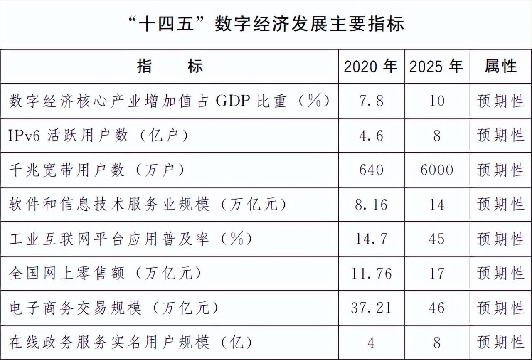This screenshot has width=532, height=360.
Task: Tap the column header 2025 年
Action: [x=436, y=67]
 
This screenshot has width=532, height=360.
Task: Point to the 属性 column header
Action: [x=501, y=67]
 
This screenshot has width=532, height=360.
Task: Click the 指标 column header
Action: [x=170, y=67]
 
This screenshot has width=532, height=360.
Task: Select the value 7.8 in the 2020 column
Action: [x=371, y=101]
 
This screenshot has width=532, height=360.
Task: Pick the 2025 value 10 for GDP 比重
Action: [x=436, y=101]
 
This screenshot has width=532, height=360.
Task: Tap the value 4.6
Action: [x=371, y=136]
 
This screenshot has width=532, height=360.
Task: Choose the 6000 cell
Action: [x=436, y=170]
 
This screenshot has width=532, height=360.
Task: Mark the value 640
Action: [x=371, y=170]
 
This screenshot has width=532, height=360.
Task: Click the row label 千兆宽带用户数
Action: [x=96, y=170]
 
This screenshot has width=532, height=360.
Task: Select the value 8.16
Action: [x=371, y=205]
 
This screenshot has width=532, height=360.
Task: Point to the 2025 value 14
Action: [x=436, y=205]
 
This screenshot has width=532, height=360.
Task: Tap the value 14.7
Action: [x=371, y=239]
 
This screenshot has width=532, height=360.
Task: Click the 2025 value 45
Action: [x=436, y=239]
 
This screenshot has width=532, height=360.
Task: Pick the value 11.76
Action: [x=371, y=274]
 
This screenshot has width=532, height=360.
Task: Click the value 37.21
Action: [x=371, y=308]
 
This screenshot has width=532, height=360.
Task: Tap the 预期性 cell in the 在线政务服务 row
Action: [x=501, y=343]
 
